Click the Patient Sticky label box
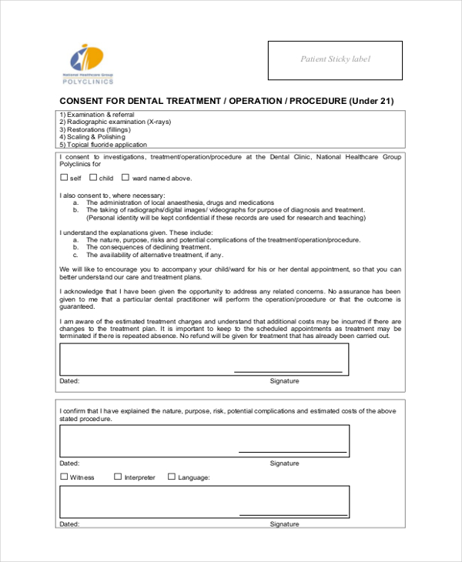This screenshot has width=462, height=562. pos(335,60)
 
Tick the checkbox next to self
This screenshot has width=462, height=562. pos(64,178)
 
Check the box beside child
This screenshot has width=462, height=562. pos(92,178)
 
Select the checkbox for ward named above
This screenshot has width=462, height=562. pos(126,178)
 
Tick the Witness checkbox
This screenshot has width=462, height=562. pos(64,477)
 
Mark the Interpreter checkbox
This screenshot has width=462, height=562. pos(118,477)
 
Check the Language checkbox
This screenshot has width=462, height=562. pos(172,477)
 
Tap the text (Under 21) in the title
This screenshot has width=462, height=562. pos(371,101)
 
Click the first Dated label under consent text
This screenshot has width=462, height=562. pos(69,381)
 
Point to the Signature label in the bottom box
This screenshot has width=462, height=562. pos(284,524)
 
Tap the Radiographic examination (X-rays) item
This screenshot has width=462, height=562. pos(115,122)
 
